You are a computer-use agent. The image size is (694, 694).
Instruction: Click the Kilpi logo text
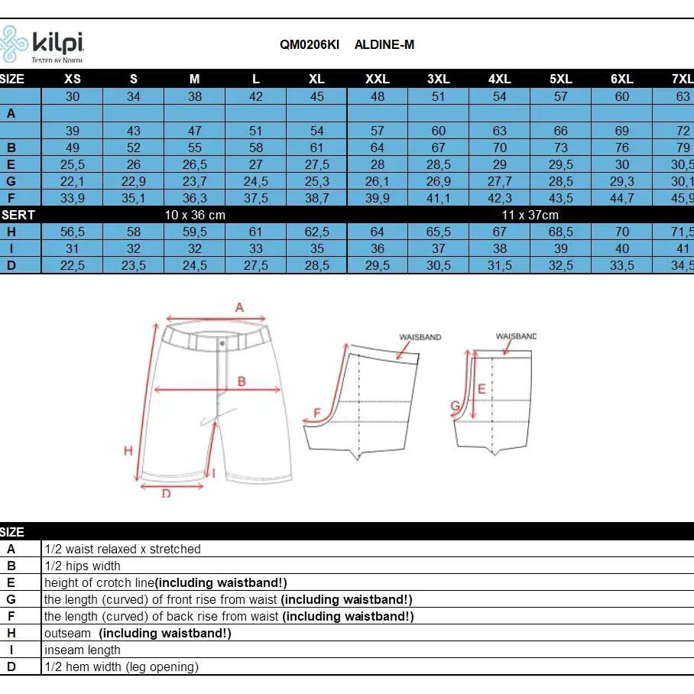pyautogui.click(x=58, y=43)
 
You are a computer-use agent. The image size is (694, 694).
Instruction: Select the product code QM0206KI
pyautogui.click(x=310, y=44)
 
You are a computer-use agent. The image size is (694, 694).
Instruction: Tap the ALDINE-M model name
pyautogui.click(x=384, y=44)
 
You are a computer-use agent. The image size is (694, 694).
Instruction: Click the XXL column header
pyautogui.click(x=377, y=79)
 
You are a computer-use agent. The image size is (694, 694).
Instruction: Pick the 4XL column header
pyautogui.click(x=499, y=79)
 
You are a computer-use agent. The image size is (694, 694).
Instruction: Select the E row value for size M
pyautogui.click(x=194, y=164)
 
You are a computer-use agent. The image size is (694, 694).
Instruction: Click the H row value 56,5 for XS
pyautogui.click(x=72, y=232)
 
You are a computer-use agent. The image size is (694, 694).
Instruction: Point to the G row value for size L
pyautogui.click(x=255, y=181)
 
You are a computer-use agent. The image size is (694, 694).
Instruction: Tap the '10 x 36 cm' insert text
pyautogui.click(x=195, y=215)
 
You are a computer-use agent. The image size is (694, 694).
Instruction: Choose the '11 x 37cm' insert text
pyautogui.click(x=530, y=215)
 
